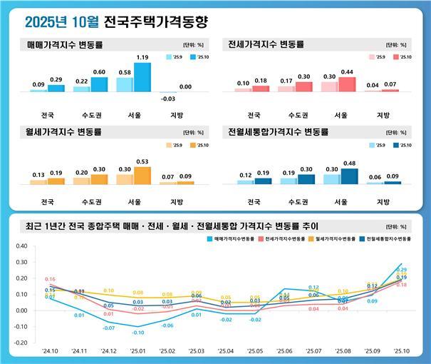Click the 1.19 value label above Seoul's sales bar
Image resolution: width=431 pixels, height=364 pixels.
(142, 56)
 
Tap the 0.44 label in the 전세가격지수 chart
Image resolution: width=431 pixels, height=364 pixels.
(347, 72)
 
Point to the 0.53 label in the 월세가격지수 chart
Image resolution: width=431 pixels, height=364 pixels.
(142, 161)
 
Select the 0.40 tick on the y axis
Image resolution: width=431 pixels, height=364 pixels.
(21, 246)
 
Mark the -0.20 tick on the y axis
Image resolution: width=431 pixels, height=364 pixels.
(21, 343)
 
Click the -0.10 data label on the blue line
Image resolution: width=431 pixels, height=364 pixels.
(137, 333)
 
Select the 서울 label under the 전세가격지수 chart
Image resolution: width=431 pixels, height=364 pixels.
(341, 115)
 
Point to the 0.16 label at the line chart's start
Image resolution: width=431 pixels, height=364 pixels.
(50, 279)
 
